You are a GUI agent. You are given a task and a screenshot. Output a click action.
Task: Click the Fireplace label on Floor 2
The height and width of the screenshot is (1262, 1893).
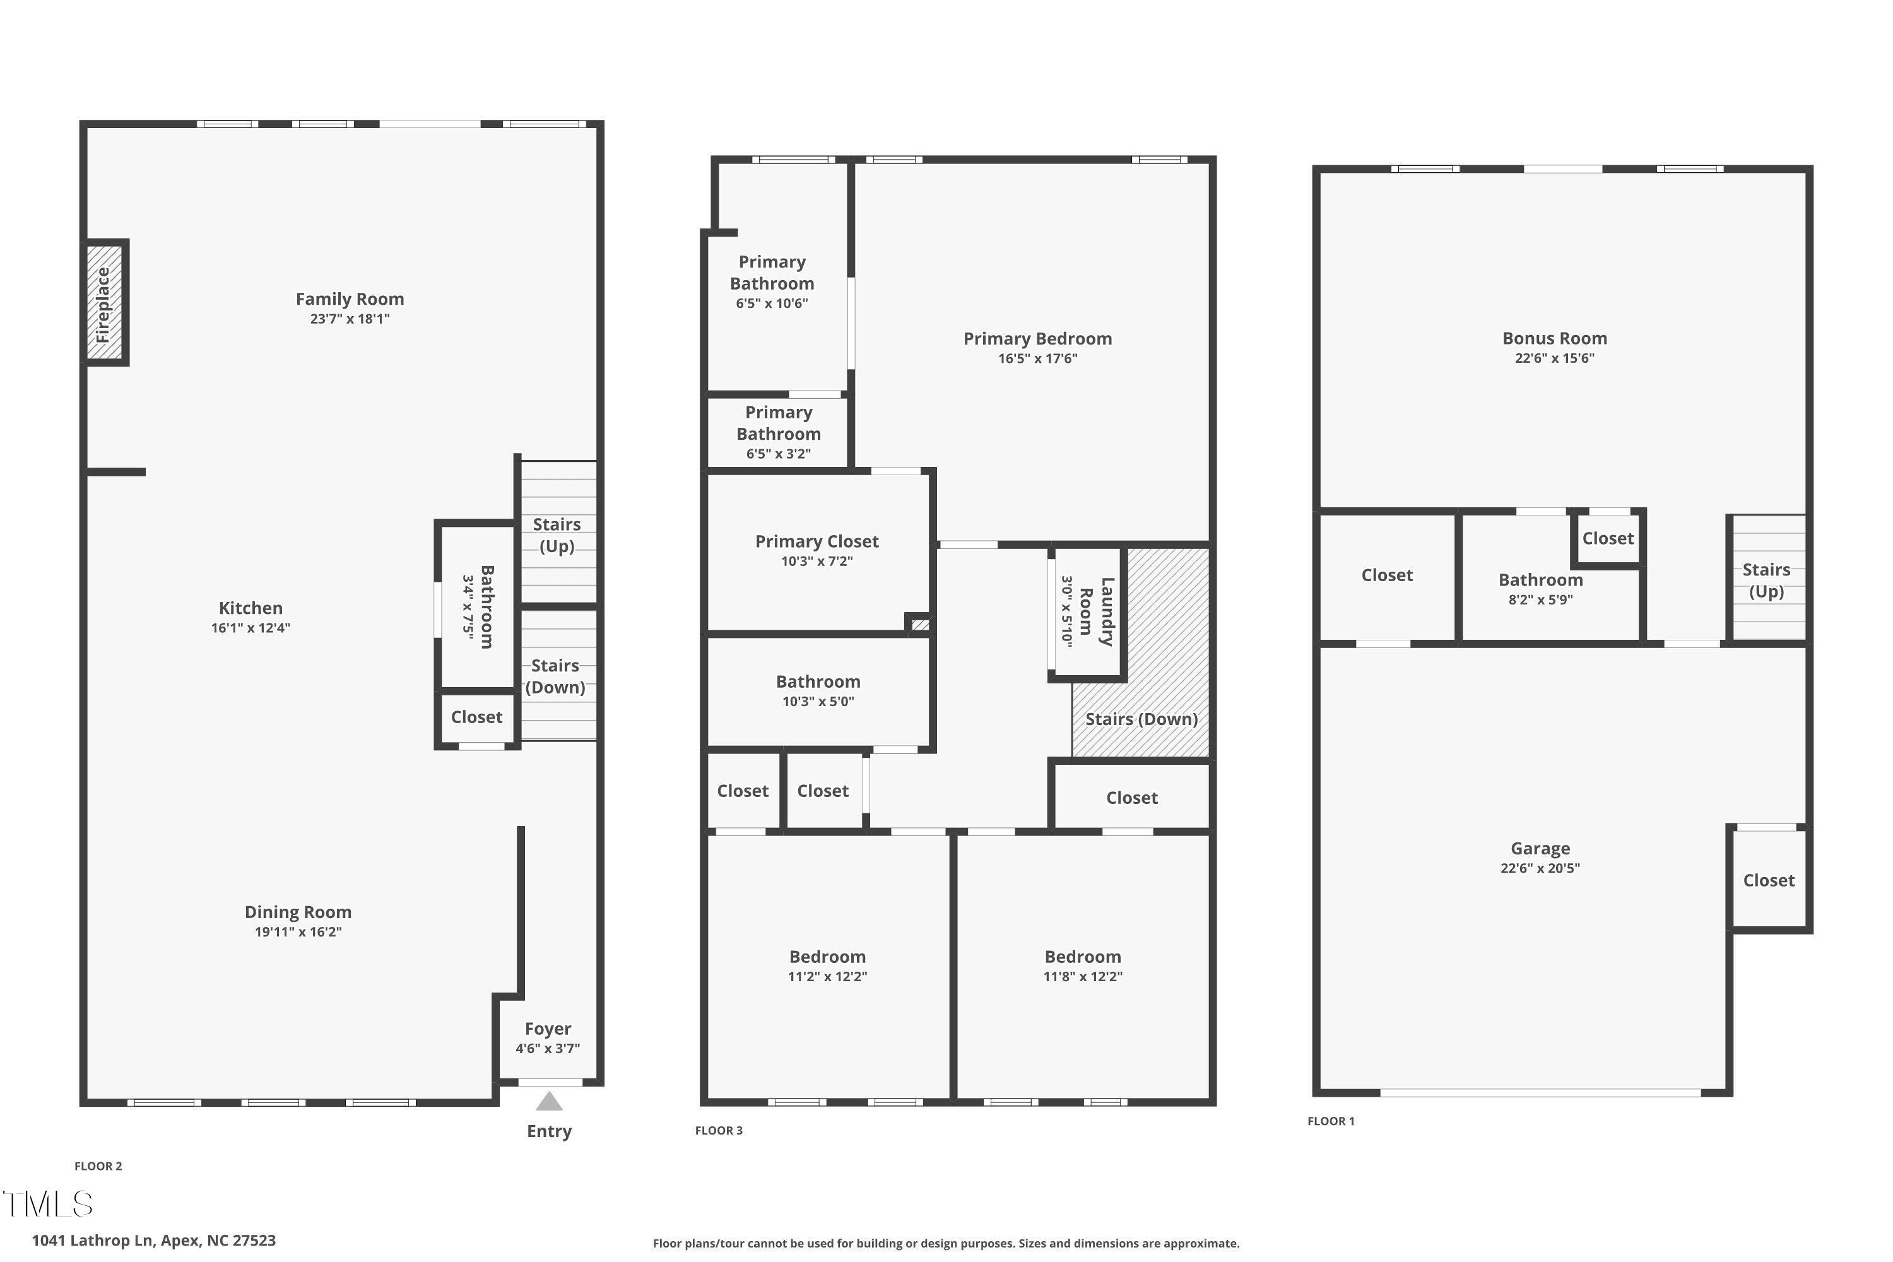point(103,305)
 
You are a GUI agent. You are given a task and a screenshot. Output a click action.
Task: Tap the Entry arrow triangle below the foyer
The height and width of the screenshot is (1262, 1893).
point(549,1100)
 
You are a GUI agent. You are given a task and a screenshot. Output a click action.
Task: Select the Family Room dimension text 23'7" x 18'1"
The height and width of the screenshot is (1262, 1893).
point(350,319)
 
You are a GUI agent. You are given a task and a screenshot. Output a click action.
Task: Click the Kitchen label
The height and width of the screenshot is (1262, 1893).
point(251,608)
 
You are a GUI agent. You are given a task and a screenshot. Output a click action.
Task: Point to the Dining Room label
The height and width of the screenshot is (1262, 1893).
point(298,912)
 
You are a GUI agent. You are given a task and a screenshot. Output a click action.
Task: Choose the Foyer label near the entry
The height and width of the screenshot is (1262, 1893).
point(548,1029)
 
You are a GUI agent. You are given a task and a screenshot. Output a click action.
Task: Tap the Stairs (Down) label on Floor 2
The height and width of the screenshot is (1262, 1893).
point(555,676)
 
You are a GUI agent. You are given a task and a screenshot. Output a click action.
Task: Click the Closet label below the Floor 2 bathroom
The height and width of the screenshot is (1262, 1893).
point(476,717)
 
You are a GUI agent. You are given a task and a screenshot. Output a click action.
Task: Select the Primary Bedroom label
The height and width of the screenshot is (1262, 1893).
point(1038,339)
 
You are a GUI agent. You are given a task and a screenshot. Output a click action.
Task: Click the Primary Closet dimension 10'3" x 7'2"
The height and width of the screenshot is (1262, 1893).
point(817,561)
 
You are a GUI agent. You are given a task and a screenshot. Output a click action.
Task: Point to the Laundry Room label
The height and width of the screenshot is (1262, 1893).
point(1096,611)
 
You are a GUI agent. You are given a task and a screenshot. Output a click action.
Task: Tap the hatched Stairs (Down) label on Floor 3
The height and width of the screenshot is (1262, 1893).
point(1141,719)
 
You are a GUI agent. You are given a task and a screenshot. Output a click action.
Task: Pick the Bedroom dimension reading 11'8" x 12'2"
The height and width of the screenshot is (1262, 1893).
point(1083,976)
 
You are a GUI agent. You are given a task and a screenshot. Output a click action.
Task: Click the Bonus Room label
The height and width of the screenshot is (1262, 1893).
point(1555,338)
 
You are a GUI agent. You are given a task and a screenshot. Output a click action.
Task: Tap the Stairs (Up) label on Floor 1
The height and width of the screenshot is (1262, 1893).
point(1767,581)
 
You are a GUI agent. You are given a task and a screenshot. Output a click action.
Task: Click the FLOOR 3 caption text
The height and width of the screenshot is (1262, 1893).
point(719,1130)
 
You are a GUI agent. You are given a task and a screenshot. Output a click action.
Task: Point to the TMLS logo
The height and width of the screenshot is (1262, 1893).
point(49,1203)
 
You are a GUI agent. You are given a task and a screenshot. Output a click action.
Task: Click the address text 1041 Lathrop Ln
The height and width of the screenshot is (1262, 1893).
point(91,1241)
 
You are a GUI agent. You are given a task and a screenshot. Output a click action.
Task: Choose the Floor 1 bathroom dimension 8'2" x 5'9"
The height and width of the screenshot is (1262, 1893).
point(1540,599)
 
